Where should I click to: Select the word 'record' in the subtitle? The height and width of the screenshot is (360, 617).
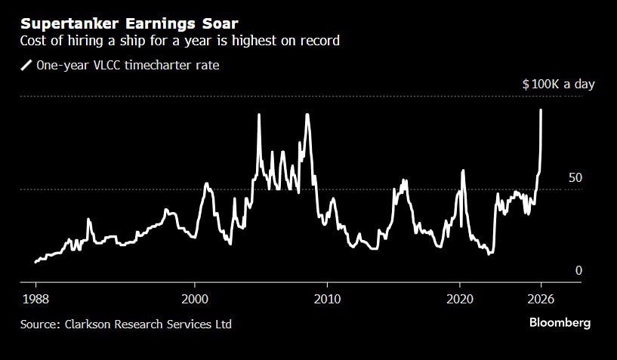319,41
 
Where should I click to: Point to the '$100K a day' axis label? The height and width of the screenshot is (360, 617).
558,85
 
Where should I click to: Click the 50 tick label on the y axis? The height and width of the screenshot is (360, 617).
575,178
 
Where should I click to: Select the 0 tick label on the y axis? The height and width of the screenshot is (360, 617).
578,271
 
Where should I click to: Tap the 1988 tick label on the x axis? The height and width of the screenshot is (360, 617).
35,297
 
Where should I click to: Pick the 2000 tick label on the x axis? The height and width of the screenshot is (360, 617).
195,297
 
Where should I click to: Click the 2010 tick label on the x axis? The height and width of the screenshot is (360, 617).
327,297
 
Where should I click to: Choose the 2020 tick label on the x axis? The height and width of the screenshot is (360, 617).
460,297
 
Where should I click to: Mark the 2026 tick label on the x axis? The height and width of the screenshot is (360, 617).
541,297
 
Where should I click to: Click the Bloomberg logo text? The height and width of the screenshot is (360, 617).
559,323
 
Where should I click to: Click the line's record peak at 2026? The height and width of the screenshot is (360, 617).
541,110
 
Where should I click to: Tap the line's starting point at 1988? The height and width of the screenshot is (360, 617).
35,262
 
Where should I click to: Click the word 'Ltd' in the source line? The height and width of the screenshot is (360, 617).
223,325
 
